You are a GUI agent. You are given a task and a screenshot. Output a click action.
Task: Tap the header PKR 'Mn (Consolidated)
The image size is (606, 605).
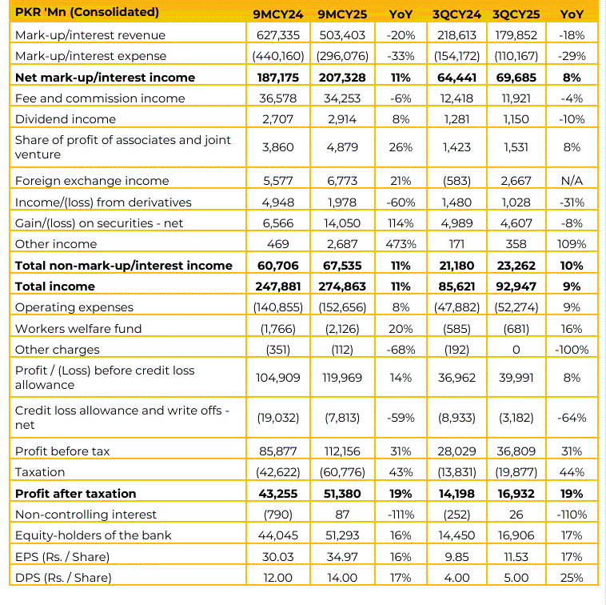(87, 13)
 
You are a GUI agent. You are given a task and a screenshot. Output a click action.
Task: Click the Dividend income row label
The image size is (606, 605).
(66, 119)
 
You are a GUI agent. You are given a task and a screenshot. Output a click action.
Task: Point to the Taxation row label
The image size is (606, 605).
(41, 472)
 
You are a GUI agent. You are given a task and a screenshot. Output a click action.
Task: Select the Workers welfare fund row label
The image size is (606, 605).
(78, 329)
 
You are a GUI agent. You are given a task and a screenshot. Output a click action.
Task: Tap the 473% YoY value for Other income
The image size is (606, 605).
(400, 244)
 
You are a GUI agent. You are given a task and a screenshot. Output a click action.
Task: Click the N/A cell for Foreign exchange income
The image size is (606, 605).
(572, 181)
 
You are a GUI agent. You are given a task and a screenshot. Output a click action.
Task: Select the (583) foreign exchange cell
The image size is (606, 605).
(457, 181)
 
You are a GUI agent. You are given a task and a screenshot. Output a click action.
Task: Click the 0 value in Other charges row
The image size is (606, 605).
(515, 350)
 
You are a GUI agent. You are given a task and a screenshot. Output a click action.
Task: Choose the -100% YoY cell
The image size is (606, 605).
(572, 350)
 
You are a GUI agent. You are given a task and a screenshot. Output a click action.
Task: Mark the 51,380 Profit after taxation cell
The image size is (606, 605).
(341, 494)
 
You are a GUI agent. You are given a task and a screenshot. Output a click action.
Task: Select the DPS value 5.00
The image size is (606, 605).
(515, 578)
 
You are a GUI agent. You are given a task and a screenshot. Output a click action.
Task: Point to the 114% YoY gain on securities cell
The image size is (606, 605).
(400, 223)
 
